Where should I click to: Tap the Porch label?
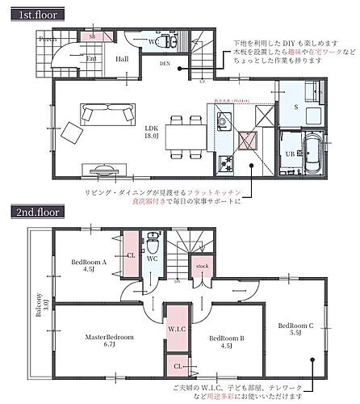click(47, 39)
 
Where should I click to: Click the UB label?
click(288, 152)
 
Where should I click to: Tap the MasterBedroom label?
click(109, 339)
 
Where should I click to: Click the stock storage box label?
click(201, 266)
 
